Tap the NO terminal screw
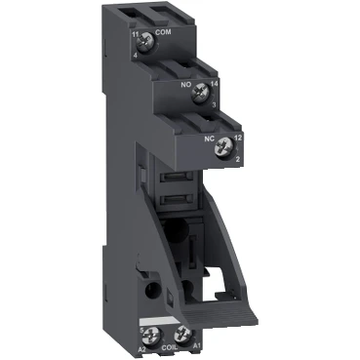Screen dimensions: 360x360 click(199, 94)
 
